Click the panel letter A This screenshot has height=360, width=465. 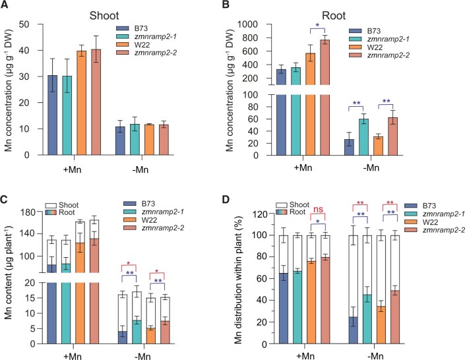coord(5,7)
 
